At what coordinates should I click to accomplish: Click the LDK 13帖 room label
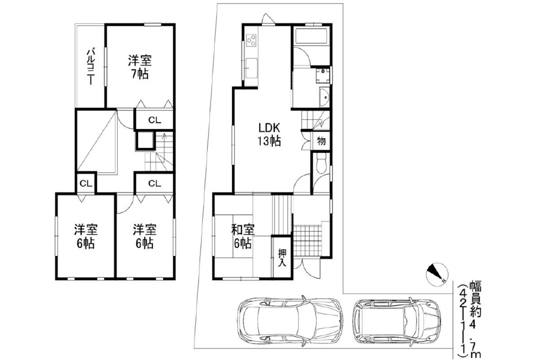click(x=269, y=134)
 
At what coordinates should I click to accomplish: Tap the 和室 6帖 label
click(x=243, y=237)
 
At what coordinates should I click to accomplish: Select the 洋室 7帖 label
click(x=140, y=67)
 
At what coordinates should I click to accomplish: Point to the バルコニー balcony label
click(x=91, y=66)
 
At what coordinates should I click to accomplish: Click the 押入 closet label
click(x=282, y=258)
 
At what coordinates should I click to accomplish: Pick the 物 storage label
click(x=321, y=141)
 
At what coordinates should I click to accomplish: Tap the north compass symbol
click(x=437, y=274)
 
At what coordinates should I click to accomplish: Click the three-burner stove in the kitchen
click(x=251, y=40)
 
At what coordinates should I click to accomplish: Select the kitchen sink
click(x=252, y=68)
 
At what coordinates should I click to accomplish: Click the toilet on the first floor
click(x=321, y=164)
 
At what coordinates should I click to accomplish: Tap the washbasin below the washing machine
click(x=324, y=97)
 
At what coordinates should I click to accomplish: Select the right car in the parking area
click(x=397, y=321)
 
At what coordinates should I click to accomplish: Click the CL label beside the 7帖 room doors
click(x=155, y=120)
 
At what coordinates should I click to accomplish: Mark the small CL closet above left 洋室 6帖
click(x=86, y=184)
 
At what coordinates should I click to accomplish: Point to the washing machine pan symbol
click(x=323, y=75)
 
